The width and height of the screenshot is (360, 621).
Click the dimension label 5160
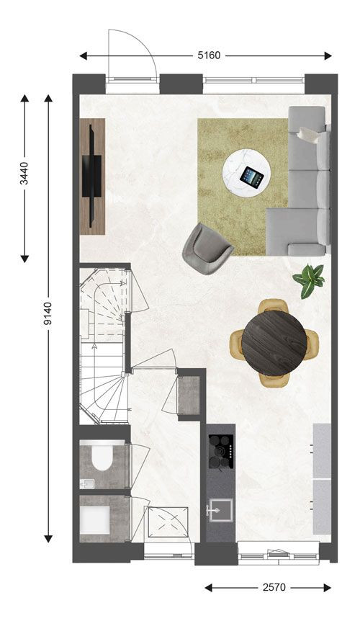[x=209, y=55]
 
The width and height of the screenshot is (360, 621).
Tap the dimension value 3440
[x=24, y=173]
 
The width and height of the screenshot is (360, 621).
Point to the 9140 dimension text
[x=48, y=313]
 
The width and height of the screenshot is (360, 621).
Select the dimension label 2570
[x=274, y=587]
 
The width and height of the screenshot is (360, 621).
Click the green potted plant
[x=309, y=280]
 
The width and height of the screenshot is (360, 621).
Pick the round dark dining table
[x=274, y=343]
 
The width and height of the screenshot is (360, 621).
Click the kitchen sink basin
[x=221, y=511]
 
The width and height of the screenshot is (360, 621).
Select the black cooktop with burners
[x=221, y=452]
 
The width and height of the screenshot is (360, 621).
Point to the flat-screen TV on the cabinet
[x=91, y=177]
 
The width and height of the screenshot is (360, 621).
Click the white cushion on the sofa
[x=309, y=135]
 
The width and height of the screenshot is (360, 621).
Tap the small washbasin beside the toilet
[x=87, y=483]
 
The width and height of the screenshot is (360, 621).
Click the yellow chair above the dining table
[x=273, y=306]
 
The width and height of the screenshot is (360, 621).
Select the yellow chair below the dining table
[x=274, y=380]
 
